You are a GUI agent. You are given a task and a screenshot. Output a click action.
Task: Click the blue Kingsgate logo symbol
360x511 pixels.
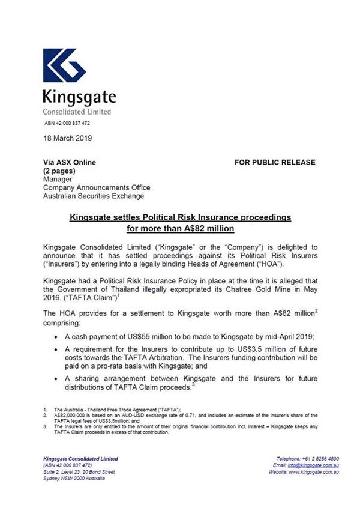pos(64,65)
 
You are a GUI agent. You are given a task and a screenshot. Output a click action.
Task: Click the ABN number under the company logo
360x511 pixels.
pos(67,123)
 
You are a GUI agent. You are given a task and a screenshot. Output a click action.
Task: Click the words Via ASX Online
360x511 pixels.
pos(69,162)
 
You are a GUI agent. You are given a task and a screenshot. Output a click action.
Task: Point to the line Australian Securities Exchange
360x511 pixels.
pos(94,196)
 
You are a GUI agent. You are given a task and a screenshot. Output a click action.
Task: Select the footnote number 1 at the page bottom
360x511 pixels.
pos(45,408)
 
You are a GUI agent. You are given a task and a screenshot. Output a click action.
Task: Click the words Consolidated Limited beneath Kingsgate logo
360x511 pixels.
pos(77,112)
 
